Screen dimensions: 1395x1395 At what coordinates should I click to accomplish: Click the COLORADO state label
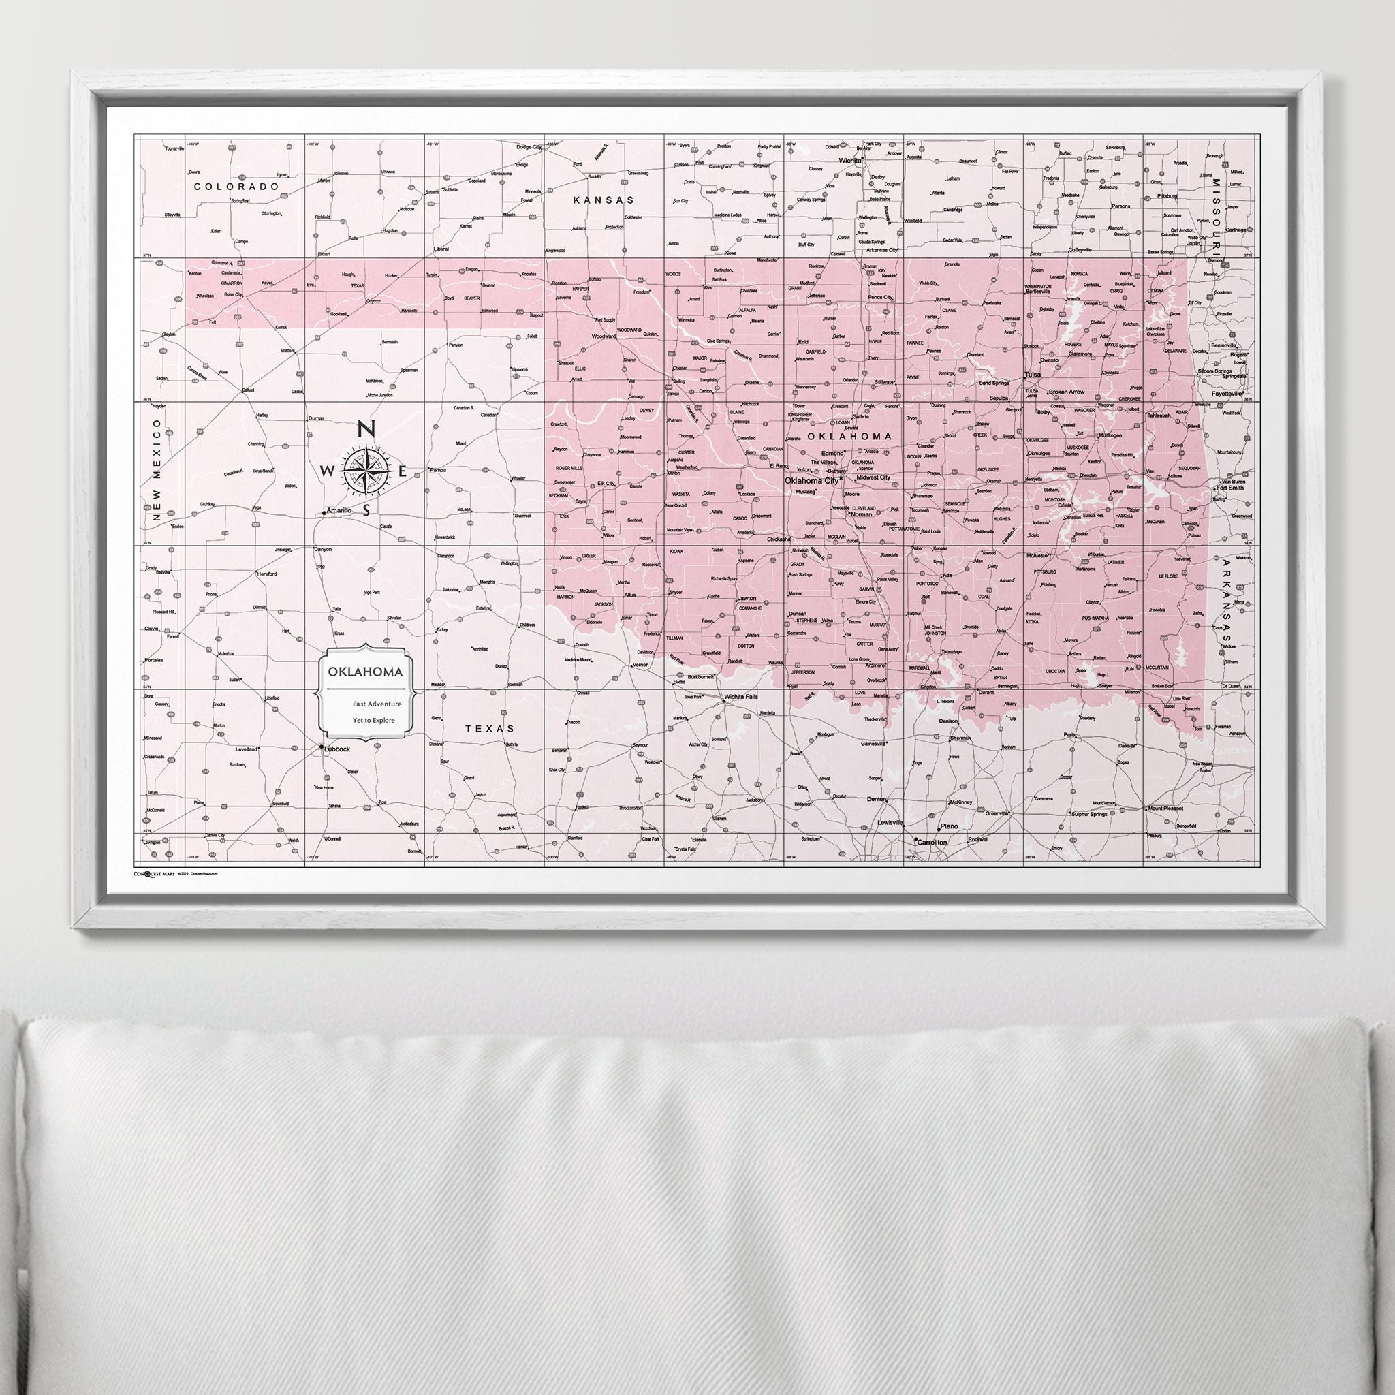[x=237, y=186]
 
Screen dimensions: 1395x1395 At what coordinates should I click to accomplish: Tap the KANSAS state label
[x=604, y=200]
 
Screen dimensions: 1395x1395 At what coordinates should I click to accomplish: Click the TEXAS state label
[x=490, y=729]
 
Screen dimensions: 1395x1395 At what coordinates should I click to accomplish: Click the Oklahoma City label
[x=811, y=480]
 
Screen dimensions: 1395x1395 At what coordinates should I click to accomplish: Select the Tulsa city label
[x=1033, y=375]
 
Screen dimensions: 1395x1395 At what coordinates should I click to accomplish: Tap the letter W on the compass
[x=326, y=471]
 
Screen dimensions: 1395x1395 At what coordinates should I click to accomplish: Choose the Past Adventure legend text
[x=372, y=702]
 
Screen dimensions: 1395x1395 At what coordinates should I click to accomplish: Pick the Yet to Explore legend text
[x=373, y=720]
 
